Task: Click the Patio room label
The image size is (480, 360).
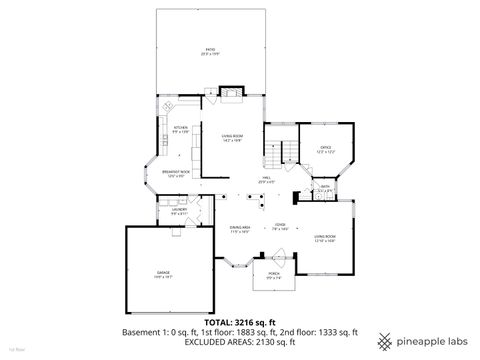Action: [210, 50]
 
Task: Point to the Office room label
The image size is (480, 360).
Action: [325, 148]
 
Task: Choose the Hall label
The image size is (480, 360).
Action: [266, 181]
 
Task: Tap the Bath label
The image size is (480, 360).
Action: [325, 186]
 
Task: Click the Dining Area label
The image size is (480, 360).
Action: [238, 229]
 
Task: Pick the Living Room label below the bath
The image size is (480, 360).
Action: [325, 239]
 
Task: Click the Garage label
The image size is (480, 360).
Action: [163, 273]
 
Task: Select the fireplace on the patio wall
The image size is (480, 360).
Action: [230, 95]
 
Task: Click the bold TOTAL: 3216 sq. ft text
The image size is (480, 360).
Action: [240, 322]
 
